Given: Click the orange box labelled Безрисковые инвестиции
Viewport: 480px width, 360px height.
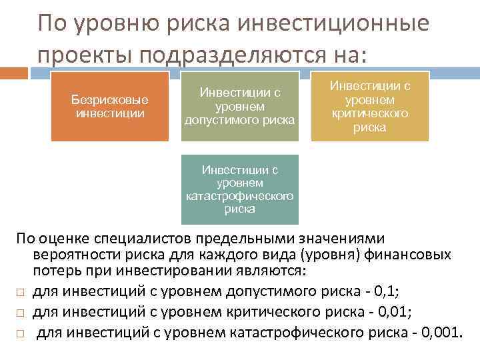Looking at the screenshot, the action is pos(110,107).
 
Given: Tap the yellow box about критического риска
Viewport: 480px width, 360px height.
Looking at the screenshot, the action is pos(370,107).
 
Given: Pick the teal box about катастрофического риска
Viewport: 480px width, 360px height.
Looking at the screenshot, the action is pos(240,189).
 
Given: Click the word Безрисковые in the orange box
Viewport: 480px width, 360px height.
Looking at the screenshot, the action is pos(110,100).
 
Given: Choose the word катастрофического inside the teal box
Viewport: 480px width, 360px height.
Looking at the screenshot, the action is pos(240,196).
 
